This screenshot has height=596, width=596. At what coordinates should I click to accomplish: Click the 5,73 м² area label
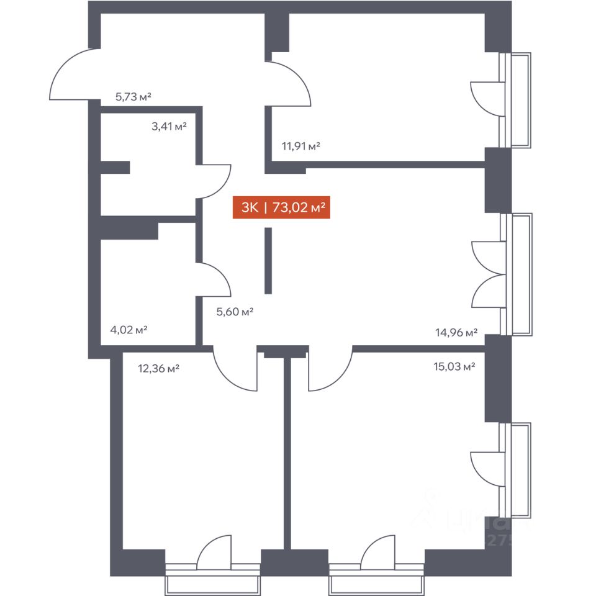(x=133, y=97)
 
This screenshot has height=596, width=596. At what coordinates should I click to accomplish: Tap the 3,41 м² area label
(x=169, y=127)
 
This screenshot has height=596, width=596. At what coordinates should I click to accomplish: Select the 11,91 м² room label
(x=300, y=147)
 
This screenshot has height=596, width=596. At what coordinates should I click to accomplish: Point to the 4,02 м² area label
(x=129, y=329)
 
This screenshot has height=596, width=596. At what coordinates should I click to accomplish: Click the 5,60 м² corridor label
(x=234, y=312)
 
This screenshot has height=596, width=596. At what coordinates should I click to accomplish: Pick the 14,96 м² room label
(x=456, y=333)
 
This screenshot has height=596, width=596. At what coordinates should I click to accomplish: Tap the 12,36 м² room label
(x=158, y=368)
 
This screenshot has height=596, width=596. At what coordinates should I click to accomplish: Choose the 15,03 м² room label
(x=454, y=366)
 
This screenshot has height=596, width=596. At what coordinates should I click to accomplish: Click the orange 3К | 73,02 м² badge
(x=280, y=207)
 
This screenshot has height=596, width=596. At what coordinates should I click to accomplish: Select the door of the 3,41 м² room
(x=214, y=181)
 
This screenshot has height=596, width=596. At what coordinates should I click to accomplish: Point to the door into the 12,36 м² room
(x=236, y=369)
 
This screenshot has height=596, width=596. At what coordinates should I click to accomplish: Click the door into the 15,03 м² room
(x=329, y=369)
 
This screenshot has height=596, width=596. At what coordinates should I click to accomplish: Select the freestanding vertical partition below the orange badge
(x=268, y=261)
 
